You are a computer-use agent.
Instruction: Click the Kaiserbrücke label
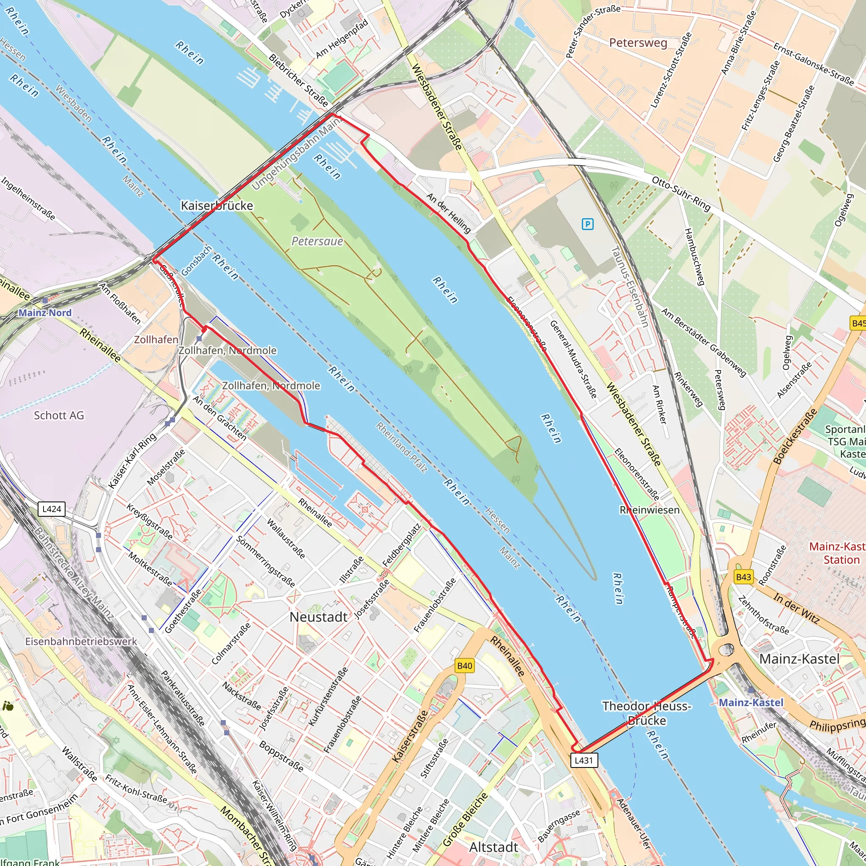pos(217,206)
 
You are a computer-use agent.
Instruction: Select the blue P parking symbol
pos(587,224)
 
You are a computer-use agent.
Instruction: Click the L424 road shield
pos(52,509)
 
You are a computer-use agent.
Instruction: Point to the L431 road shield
pos(584,760)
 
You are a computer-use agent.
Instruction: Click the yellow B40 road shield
pos(464,666)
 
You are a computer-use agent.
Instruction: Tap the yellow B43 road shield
pos(743,577)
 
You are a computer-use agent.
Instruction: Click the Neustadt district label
pos(318,617)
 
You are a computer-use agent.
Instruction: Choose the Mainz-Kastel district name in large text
pos(799,659)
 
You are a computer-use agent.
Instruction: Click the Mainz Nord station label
pos(45,313)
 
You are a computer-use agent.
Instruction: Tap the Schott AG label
pos(59,416)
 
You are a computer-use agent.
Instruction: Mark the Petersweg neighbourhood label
pos(638,43)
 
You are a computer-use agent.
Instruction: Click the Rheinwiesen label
pos(649,510)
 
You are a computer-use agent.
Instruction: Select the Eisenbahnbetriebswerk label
pos(81,641)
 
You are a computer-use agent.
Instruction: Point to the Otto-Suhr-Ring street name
pos(681,194)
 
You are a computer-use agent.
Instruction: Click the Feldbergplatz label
pos(401,545)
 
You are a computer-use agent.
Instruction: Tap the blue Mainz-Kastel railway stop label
pos(751,702)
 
